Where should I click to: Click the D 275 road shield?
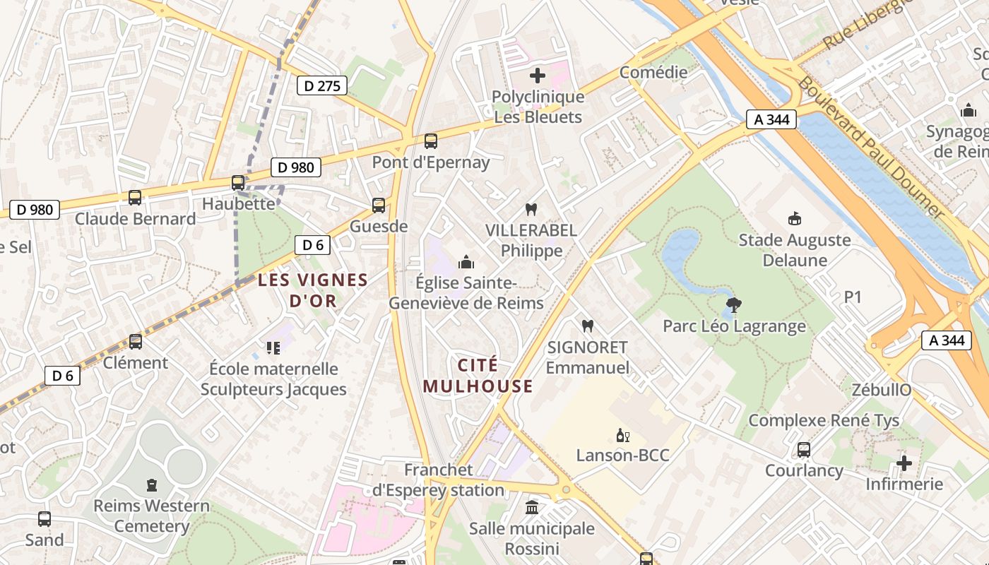point(322,86)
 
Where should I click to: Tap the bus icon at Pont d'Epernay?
point(431,141)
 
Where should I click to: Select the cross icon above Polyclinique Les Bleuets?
point(538,75)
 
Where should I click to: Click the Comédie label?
point(653,72)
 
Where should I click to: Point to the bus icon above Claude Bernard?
point(135,198)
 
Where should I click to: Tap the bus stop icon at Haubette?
point(238,183)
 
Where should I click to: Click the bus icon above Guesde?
point(379,206)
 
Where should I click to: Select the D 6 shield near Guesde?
point(312,245)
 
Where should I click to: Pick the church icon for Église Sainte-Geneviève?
point(466,263)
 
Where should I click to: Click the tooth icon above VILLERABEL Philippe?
point(531,209)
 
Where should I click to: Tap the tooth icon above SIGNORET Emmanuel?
point(586,326)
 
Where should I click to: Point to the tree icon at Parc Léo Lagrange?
point(734,305)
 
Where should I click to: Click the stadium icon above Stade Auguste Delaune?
point(795,219)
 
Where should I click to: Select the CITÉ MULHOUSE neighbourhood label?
point(478,376)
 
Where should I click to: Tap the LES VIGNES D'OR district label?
point(313,290)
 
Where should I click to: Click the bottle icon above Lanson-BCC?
point(622,435)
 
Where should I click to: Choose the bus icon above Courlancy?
point(803,450)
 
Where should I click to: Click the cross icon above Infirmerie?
point(904,463)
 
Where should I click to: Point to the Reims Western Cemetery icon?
point(151,485)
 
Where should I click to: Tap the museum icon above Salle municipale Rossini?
point(532,507)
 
